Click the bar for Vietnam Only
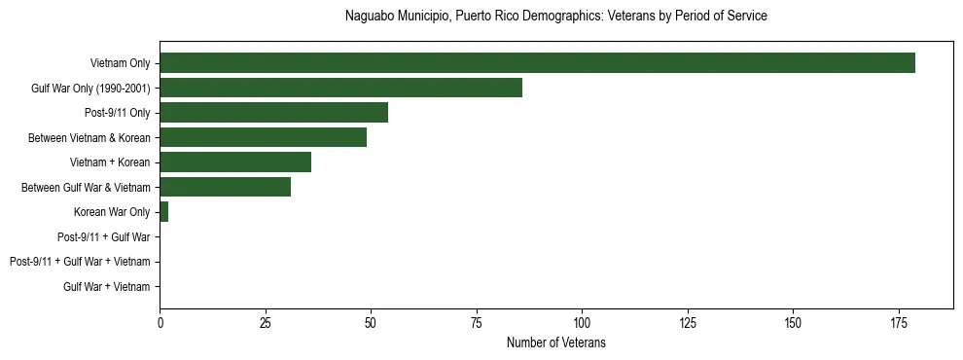537,63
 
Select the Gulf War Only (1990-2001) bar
340,89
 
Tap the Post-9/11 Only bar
273,113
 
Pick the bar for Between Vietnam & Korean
263,138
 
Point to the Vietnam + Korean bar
235,162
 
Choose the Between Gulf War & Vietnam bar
225,188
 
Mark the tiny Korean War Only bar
163,212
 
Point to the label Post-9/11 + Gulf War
103,237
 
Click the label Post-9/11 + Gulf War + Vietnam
80,262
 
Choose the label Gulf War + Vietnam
107,287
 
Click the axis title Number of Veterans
555,342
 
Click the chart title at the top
555,17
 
